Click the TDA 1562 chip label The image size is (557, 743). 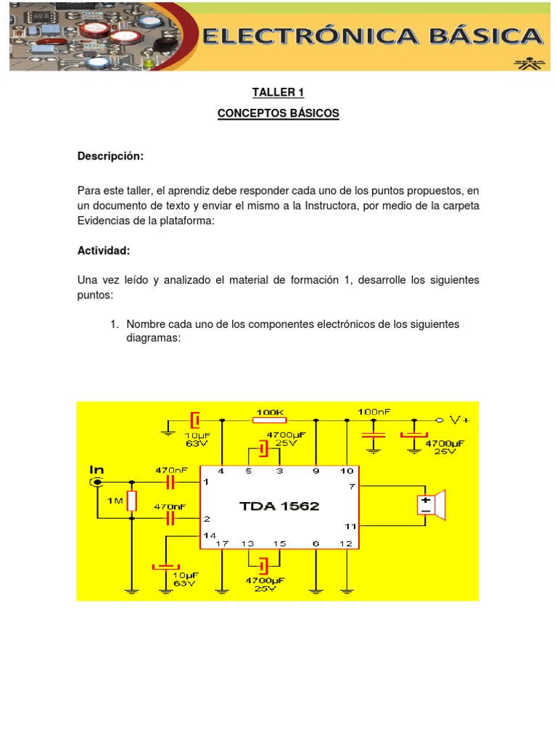click(279, 506)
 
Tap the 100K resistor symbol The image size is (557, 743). click(270, 419)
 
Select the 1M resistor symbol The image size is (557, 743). click(132, 501)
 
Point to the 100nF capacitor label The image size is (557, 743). click(374, 411)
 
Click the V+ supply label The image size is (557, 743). click(459, 419)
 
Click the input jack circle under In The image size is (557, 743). click(95, 482)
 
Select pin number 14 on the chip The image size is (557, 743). click(209, 535)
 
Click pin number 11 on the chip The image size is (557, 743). click(350, 525)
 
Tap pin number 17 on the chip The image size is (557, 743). click(223, 543)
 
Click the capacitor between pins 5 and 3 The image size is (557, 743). click(263, 451)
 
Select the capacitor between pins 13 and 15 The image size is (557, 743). click(263, 565)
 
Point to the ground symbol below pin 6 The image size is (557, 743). click(316, 591)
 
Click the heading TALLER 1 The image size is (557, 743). click(278, 92)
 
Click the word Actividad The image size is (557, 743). click(104, 250)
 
